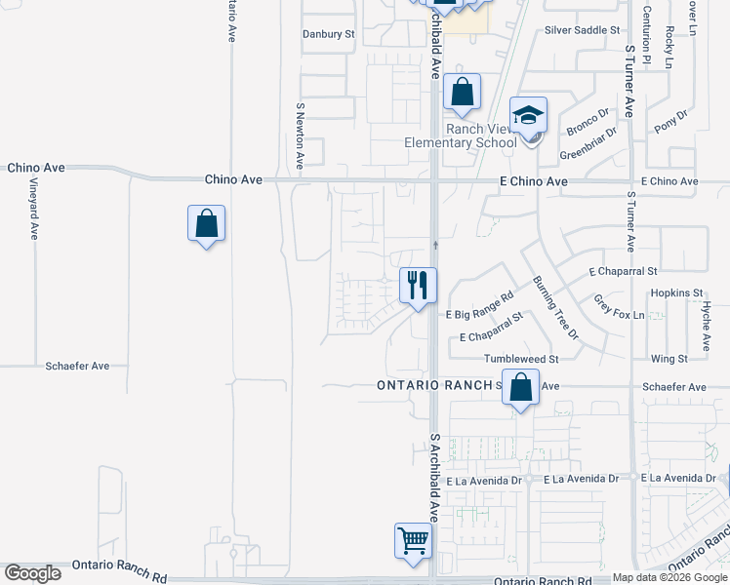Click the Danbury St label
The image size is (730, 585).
(x=328, y=33)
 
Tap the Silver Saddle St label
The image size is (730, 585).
(x=583, y=30)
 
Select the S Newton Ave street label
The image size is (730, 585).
(x=300, y=136)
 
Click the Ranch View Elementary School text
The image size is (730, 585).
(x=461, y=136)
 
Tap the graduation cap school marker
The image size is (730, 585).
(x=528, y=117)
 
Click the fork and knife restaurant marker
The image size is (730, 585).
(x=418, y=285)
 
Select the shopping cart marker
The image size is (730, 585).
(x=413, y=540)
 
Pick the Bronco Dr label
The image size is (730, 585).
(x=588, y=124)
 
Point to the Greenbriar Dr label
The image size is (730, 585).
(x=588, y=144)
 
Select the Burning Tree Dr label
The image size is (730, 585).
(x=555, y=307)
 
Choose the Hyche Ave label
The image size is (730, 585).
(x=706, y=326)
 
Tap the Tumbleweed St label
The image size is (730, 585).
(x=521, y=359)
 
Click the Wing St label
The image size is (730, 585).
(x=669, y=359)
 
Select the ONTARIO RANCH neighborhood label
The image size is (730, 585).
(x=435, y=385)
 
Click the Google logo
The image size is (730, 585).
(x=32, y=573)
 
